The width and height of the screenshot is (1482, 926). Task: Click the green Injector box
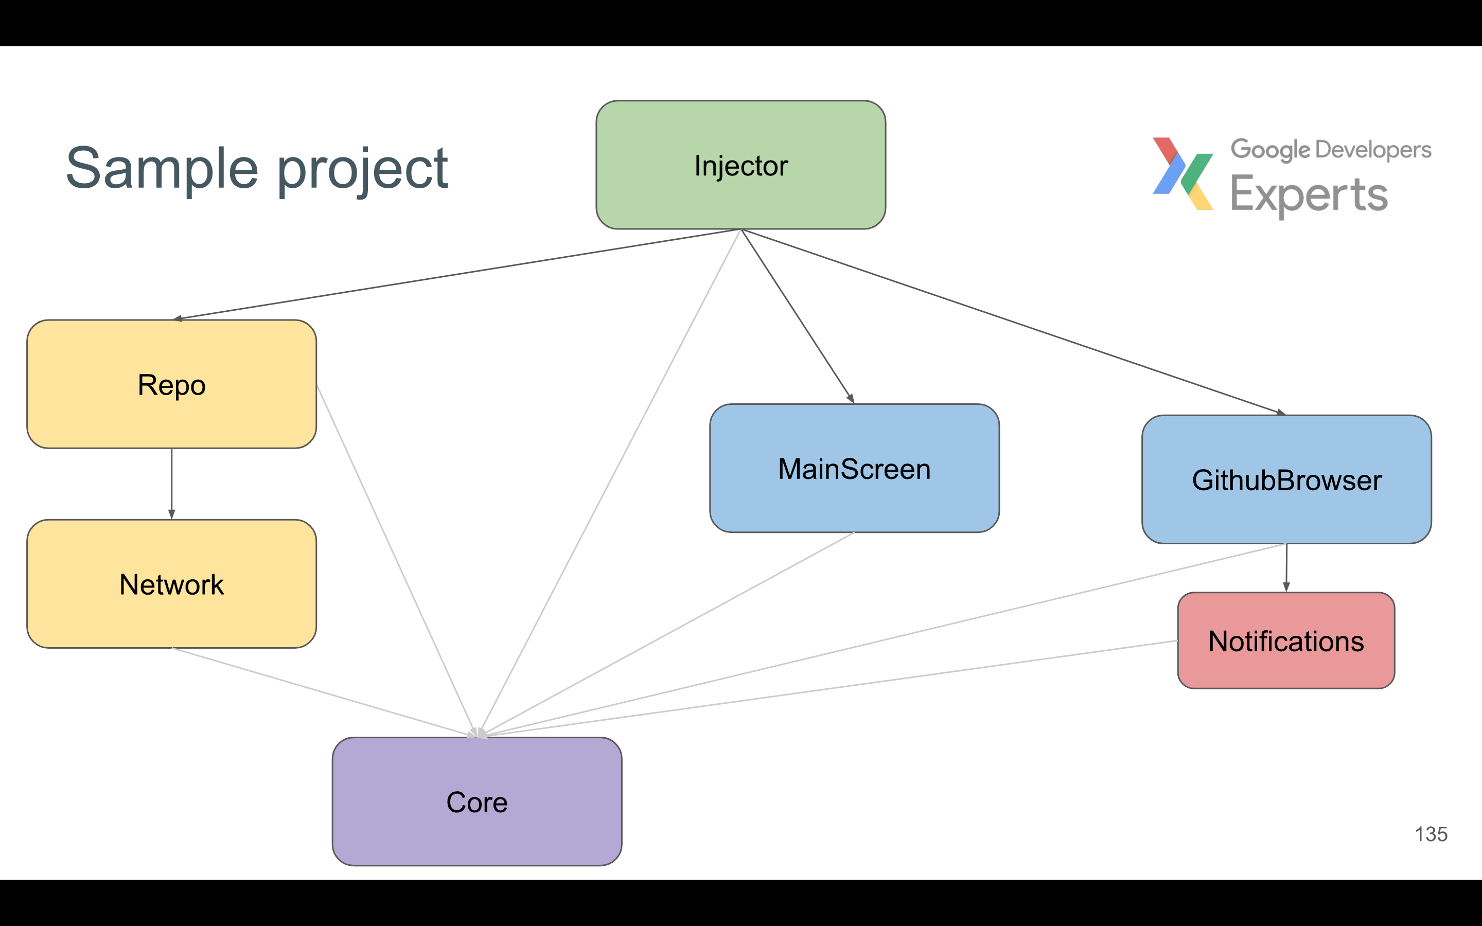[x=740, y=165]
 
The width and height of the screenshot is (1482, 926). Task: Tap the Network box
[x=171, y=584]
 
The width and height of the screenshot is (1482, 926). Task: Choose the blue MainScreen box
[x=854, y=469]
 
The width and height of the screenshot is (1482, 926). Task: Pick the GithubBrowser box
[x=1286, y=479]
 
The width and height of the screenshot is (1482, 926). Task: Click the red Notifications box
[x=1286, y=640]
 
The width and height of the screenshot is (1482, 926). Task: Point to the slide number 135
[x=1431, y=834]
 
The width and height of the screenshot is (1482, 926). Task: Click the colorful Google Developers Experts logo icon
[x=1183, y=174]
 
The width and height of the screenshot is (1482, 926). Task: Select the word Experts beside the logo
[x=1309, y=195]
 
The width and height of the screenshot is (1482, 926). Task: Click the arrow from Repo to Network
[x=171, y=484]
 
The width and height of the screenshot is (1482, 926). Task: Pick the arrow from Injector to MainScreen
[x=797, y=316]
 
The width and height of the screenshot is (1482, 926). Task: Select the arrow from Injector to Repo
[x=456, y=274]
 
